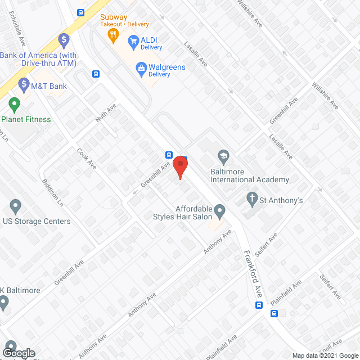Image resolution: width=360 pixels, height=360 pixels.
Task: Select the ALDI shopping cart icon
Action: [x=133, y=40]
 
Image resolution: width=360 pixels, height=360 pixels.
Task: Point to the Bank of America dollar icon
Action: [x=64, y=40]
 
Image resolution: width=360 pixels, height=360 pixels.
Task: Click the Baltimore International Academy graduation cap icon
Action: [x=223, y=156]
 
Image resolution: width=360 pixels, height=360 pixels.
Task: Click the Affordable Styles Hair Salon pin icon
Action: [x=219, y=211]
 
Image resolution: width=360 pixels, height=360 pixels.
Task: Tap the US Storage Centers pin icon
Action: [x=15, y=206]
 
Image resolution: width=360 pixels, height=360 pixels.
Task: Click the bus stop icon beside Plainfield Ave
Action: [x=259, y=305]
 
